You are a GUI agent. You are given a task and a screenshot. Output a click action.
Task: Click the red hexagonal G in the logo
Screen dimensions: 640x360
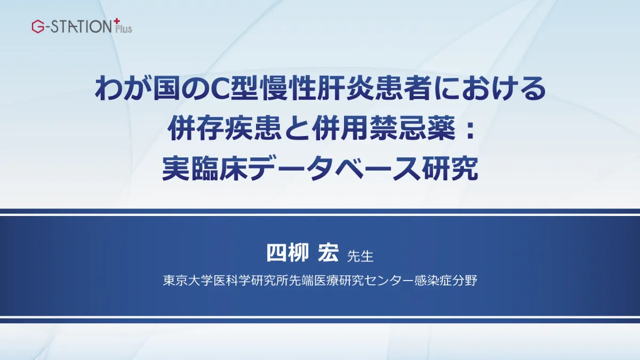[38, 27]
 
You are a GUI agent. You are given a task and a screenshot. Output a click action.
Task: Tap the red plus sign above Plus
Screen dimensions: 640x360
[117, 21]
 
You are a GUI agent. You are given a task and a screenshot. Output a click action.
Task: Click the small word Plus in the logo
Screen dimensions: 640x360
[124, 29]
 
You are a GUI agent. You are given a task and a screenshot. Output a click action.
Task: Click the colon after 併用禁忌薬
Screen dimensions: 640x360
[469, 130]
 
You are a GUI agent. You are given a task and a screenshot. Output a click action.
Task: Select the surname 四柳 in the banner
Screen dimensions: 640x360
[287, 253]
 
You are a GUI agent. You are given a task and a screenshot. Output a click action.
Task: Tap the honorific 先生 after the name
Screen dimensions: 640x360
[360, 257]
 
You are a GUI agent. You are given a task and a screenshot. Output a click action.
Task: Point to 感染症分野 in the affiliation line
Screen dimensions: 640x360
[446, 281]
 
